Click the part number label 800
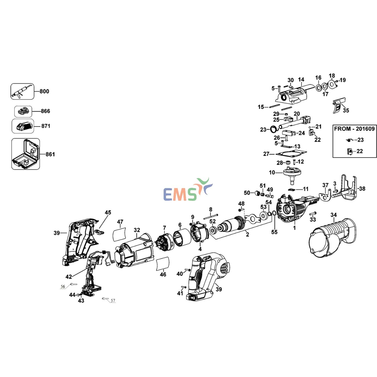point(44,91)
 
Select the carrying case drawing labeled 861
point(26,154)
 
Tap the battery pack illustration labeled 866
point(23,111)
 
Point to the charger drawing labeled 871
point(23,126)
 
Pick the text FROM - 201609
point(354,129)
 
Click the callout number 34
point(334,215)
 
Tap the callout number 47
point(120,222)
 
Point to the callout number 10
point(272,172)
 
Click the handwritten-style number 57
point(113,300)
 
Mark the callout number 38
point(362,189)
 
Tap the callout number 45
point(108,212)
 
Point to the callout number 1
point(294,228)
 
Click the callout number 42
point(69,277)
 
